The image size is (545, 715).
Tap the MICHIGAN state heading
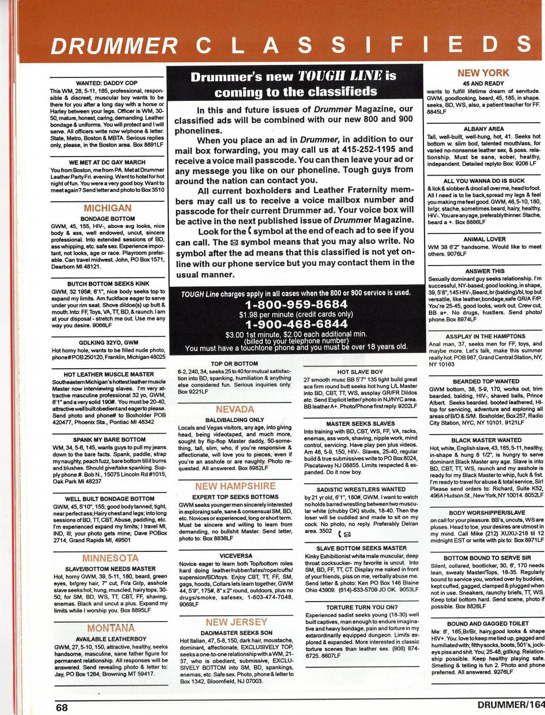[107, 208]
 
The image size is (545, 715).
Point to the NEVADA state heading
[235, 409]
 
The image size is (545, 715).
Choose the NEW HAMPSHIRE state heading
[235, 486]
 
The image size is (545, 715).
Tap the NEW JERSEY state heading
[235, 622]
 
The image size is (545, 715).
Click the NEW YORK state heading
[483, 73]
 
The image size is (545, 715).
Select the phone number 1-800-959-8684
[296, 304]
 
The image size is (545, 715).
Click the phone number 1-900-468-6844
[296, 325]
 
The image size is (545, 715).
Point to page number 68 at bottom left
[61, 707]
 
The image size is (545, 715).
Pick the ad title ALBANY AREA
[483, 129]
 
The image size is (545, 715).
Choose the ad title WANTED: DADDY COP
[107, 83]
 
